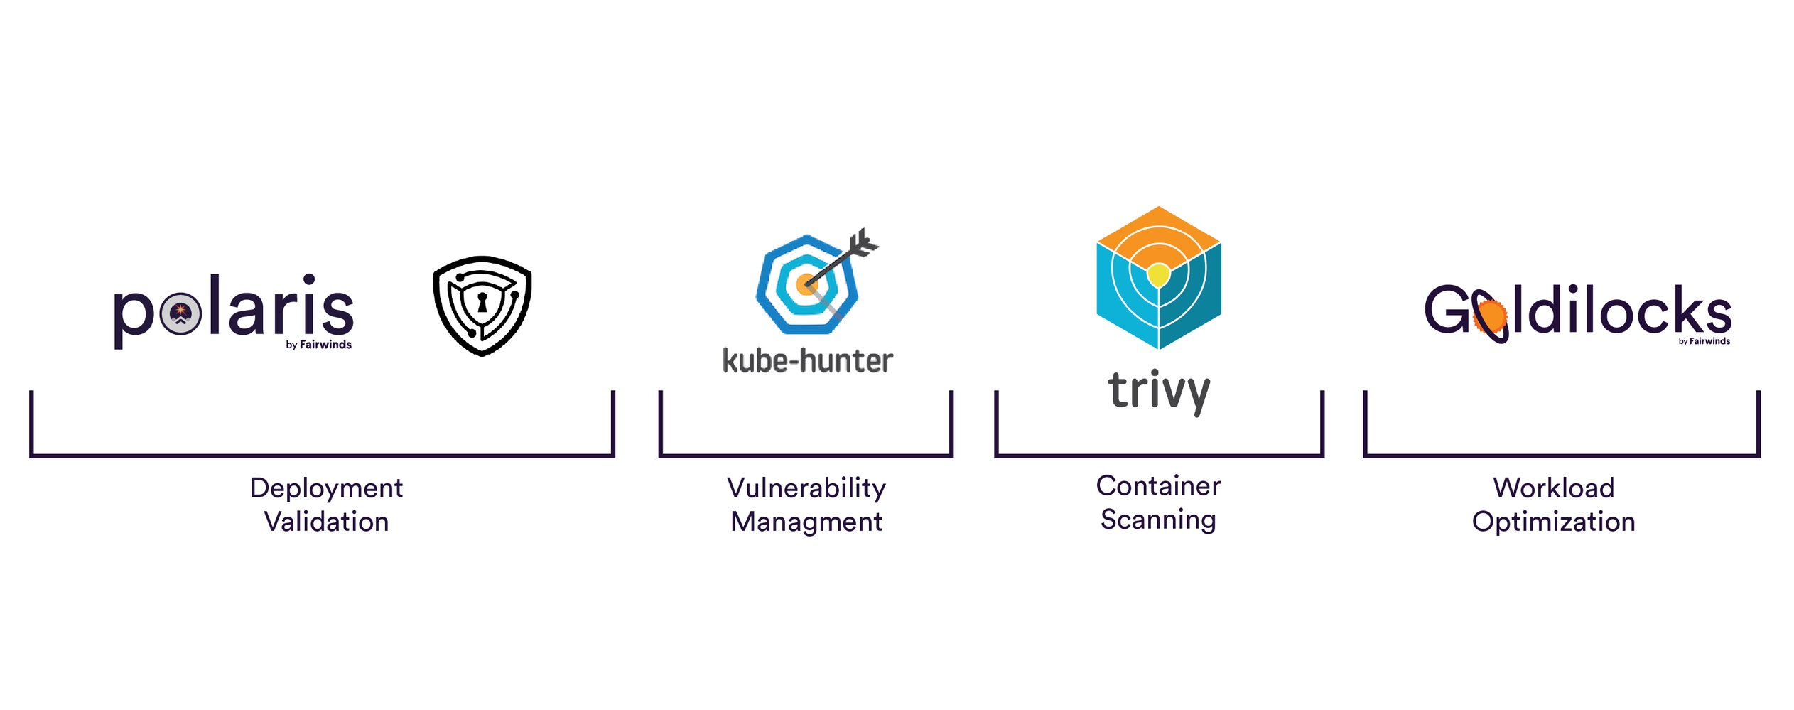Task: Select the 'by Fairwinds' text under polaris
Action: pos(318,345)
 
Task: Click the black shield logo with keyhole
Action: pos(482,306)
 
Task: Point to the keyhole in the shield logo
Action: pos(482,302)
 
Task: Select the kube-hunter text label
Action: pos(807,361)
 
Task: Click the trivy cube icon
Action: pos(1159,277)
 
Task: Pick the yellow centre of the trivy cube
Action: pos(1158,273)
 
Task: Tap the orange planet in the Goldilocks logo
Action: pos(1490,317)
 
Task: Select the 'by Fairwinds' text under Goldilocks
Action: pos(1704,341)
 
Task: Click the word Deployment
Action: pos(326,488)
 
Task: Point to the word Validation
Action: pos(326,522)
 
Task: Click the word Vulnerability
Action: pos(806,488)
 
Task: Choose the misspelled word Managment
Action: pos(806,522)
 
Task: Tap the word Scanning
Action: pos(1158,520)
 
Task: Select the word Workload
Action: pos(1553,488)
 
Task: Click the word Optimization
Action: pos(1553,522)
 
